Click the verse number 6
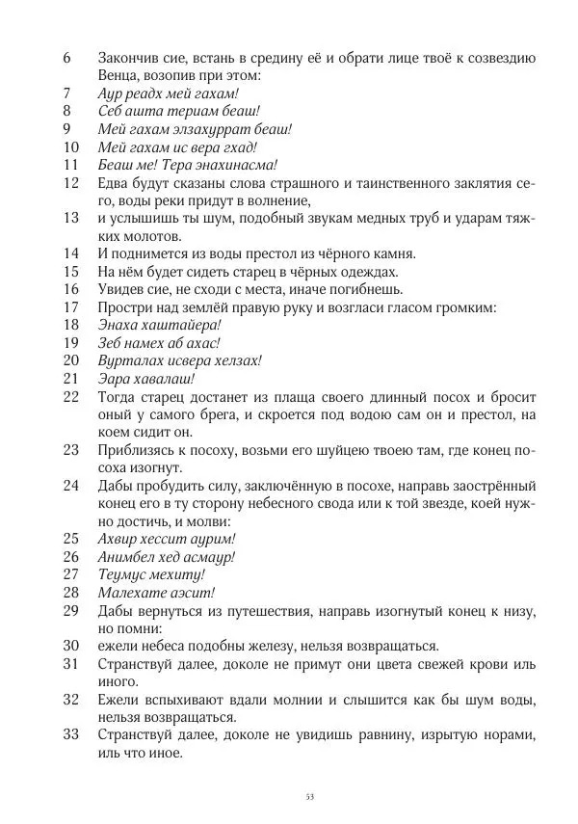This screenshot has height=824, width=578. (x=66, y=57)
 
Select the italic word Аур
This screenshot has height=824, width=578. (x=111, y=93)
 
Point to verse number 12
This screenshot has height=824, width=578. (x=69, y=183)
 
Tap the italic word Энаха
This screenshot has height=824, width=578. (x=119, y=325)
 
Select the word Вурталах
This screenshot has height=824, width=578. (x=128, y=360)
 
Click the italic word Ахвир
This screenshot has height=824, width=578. (x=119, y=540)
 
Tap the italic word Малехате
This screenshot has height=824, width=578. (x=130, y=593)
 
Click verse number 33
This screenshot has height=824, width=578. (x=69, y=735)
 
